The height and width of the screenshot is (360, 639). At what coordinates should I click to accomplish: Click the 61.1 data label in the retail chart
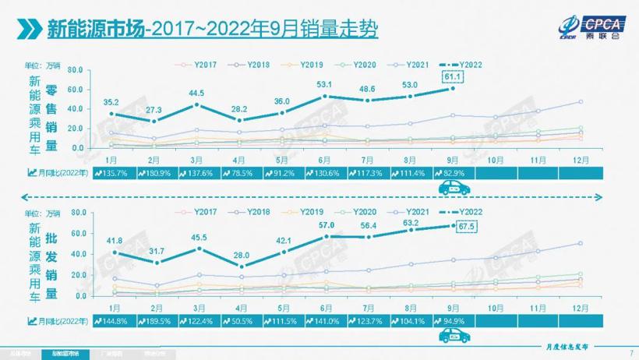point(452,76)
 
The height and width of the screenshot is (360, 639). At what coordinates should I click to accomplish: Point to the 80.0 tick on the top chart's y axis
point(76,69)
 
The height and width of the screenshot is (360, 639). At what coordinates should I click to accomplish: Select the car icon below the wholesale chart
point(449,335)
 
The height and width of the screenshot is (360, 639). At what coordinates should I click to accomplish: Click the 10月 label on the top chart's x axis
point(496,158)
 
